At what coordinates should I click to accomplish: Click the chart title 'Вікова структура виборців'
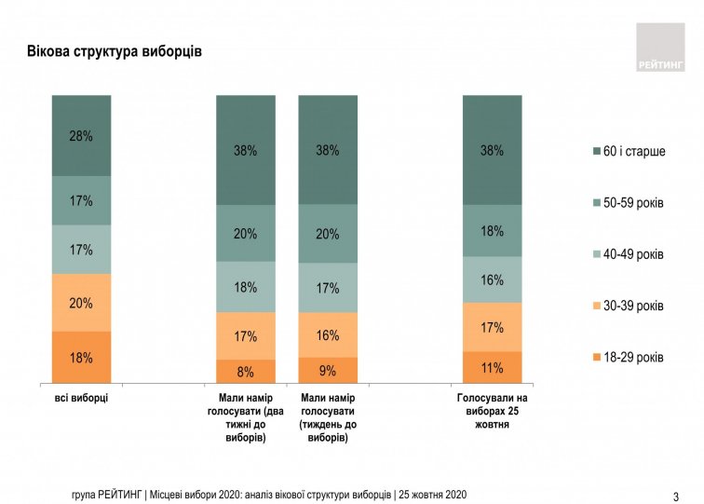coord(115,50)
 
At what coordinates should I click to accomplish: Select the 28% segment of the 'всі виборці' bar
coord(81,136)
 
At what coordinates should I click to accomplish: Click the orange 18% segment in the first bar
coord(81,357)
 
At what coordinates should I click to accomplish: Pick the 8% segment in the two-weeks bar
coord(246,372)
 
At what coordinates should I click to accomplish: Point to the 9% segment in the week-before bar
coord(328,371)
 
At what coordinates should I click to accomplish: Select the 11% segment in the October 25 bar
coord(492,367)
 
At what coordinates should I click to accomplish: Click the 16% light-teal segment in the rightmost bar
coord(492,279)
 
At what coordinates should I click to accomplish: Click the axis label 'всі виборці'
coord(82,398)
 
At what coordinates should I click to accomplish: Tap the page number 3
coord(675,495)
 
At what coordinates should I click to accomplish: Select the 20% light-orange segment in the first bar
coord(81,303)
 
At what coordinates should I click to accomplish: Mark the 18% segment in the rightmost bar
coord(492,231)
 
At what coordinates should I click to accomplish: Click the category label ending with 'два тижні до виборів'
coord(246,417)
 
